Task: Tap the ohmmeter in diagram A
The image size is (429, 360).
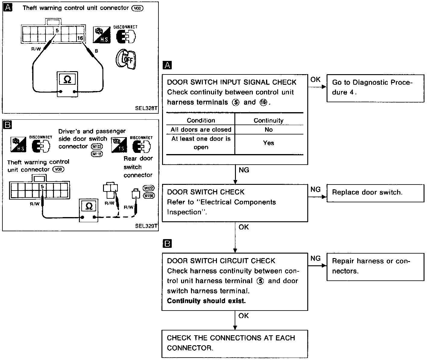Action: pyautogui.click(x=68, y=84)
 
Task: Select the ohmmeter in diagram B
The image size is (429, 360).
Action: pyautogui.click(x=89, y=210)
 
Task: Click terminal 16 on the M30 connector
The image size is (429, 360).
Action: pyautogui.click(x=80, y=38)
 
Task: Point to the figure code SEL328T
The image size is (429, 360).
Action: pyautogui.click(x=146, y=108)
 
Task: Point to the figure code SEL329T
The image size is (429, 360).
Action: pyautogui.click(x=146, y=226)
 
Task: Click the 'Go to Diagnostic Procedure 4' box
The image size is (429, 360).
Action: pyautogui.click(x=375, y=88)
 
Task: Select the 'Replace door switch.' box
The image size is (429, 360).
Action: pyautogui.click(x=375, y=193)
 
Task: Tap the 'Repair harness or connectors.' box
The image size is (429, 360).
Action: pyautogui.click(x=375, y=266)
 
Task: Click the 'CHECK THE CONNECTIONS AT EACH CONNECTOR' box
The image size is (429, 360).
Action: pyautogui.click(x=235, y=343)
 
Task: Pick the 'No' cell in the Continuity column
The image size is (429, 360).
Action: pyautogui.click(x=268, y=130)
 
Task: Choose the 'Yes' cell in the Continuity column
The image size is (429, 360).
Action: pyautogui.click(x=268, y=143)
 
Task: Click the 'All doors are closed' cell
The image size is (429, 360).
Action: pyautogui.click(x=201, y=130)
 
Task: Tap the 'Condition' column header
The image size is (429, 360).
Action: pyautogui.click(x=201, y=120)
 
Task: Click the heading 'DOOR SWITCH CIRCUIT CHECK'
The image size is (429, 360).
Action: pyautogui.click(x=221, y=261)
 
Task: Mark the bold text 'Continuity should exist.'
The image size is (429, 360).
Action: pyautogui.click(x=206, y=301)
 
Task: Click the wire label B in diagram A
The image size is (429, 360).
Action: pyautogui.click(x=96, y=51)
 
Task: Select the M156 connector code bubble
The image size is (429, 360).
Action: pyautogui.click(x=149, y=196)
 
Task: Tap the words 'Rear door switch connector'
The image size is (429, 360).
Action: pyautogui.click(x=138, y=167)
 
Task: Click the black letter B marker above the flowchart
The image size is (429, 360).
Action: pyautogui.click(x=167, y=244)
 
